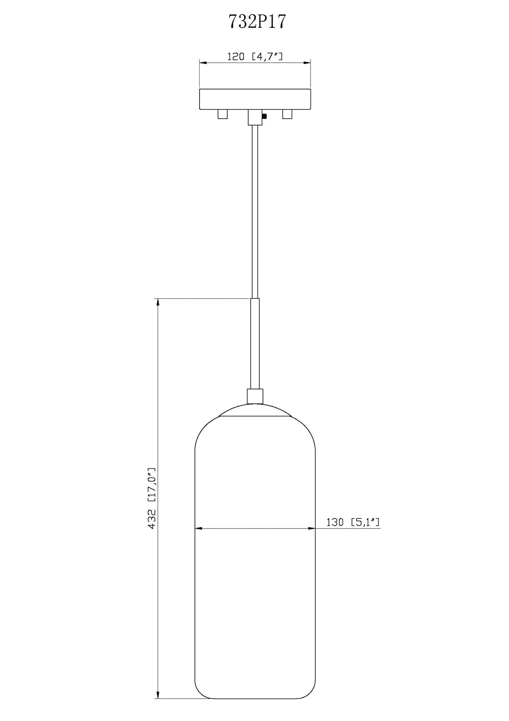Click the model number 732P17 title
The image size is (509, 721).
pyautogui.click(x=257, y=22)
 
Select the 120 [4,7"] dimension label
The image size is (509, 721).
pyautogui.click(x=255, y=57)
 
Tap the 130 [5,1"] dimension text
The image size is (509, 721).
pyautogui.click(x=353, y=522)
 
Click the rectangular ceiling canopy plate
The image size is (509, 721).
pyautogui.click(x=255, y=99)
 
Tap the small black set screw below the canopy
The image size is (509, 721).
pyautogui.click(x=265, y=116)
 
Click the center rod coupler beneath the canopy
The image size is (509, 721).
pyautogui.click(x=255, y=117)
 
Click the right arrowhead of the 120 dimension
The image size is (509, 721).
pyautogui.click(x=307, y=63)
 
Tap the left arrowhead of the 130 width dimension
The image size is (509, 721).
pyautogui.click(x=198, y=528)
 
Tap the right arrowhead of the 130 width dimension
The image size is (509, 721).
pyautogui.click(x=312, y=528)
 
